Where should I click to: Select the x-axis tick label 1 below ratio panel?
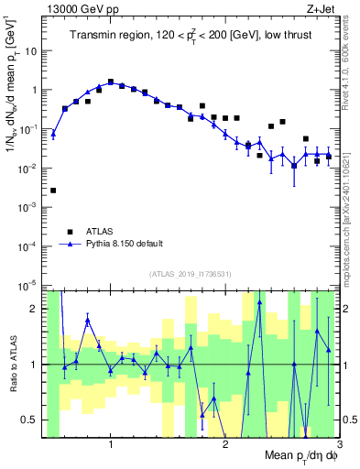111,444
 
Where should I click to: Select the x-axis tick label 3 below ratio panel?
340,444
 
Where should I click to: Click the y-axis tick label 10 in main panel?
30,50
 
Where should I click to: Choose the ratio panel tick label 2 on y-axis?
33,309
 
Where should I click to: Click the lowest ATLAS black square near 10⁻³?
53,191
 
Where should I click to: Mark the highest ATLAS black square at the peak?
111,82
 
